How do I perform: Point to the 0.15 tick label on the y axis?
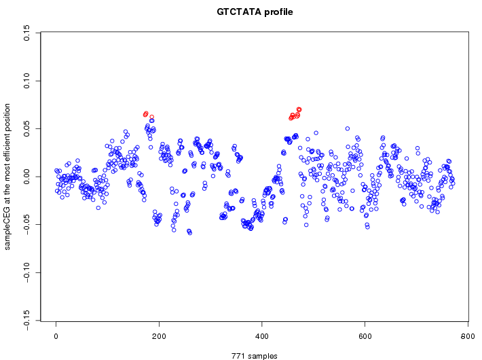coord(26,33)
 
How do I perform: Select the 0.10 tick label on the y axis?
coord(26,81)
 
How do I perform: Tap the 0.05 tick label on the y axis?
coord(26,128)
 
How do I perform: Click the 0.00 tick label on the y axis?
coord(26,177)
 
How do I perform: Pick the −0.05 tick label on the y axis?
coord(26,224)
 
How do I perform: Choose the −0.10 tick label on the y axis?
coord(26,272)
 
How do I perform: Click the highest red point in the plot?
coord(299,109)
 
